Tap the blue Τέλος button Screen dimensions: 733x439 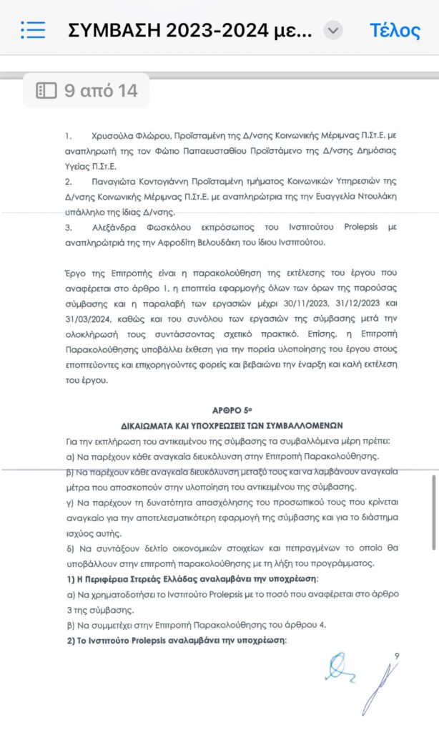point(395,30)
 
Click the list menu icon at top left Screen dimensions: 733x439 point(33,30)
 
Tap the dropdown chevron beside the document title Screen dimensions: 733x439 point(333,30)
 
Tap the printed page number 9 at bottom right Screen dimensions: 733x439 point(398,656)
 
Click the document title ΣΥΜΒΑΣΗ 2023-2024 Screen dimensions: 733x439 point(189,30)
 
